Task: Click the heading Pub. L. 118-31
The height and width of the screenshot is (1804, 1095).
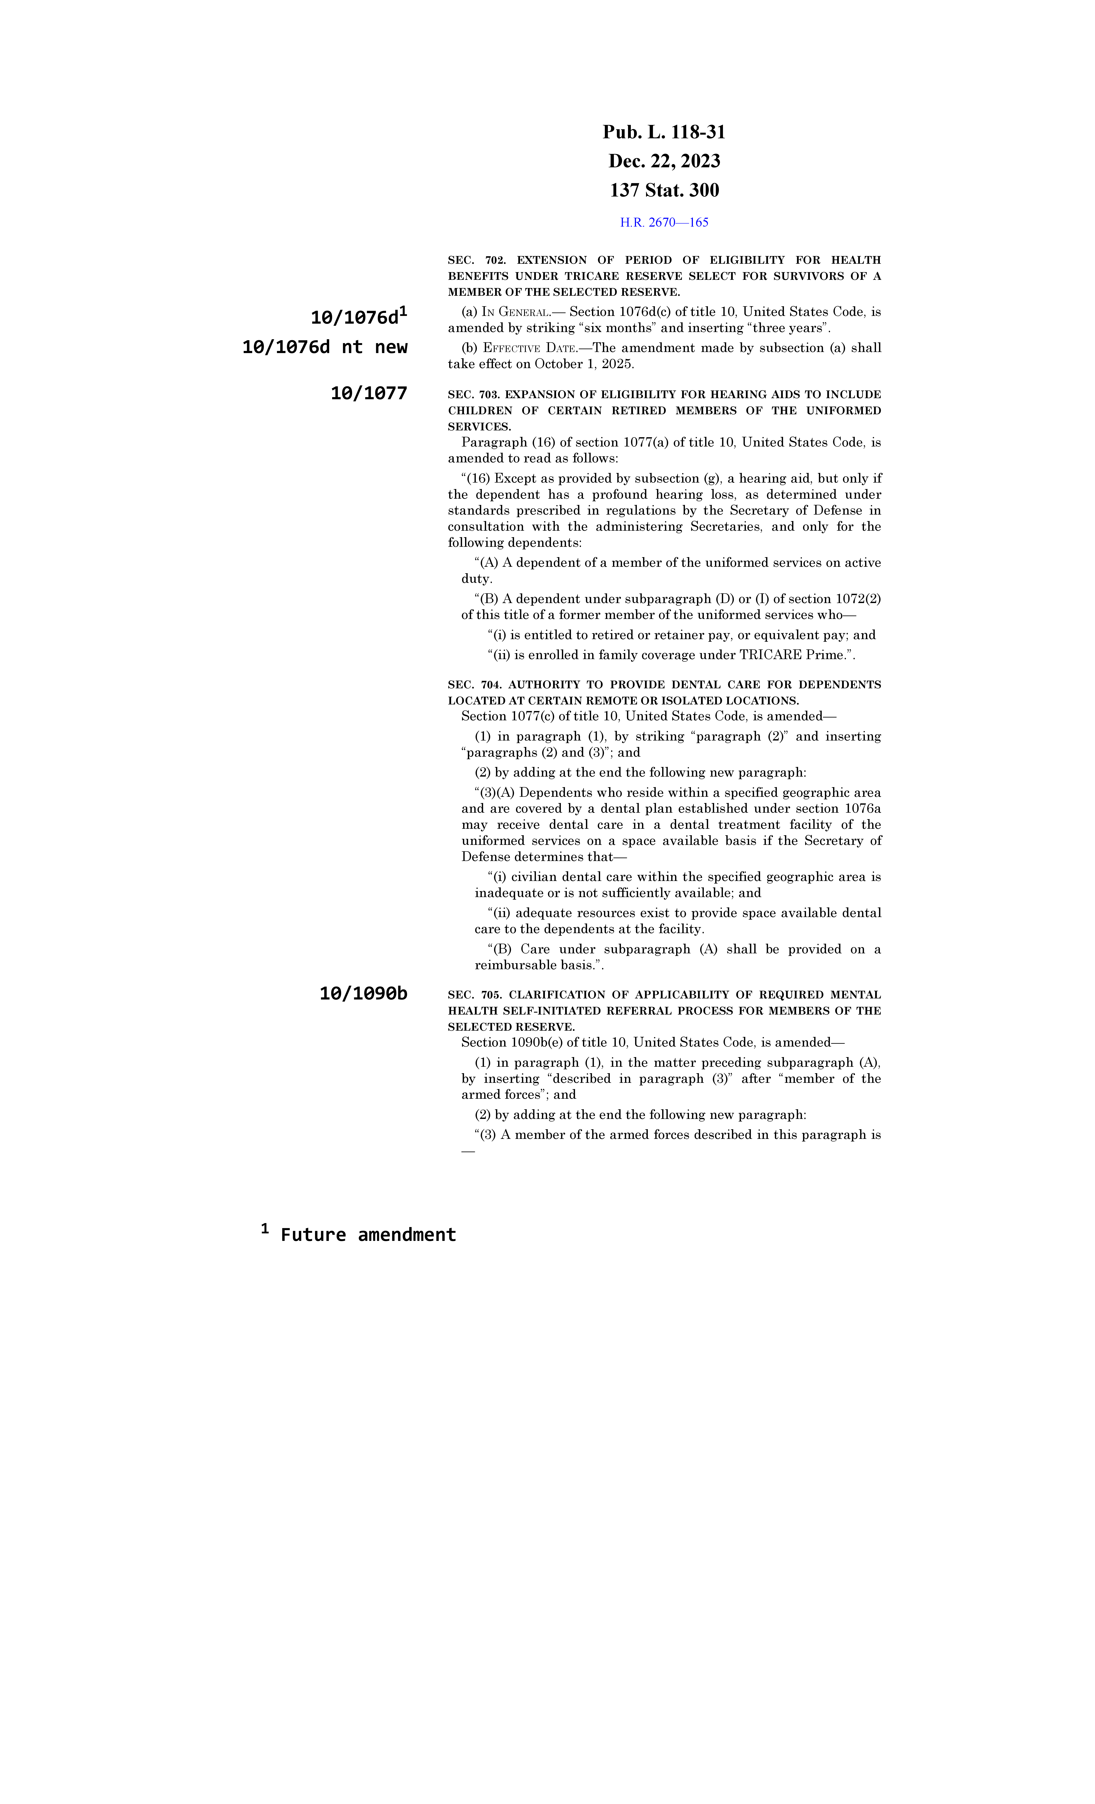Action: click(x=664, y=133)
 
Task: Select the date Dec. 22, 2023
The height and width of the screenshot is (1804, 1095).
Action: click(x=664, y=161)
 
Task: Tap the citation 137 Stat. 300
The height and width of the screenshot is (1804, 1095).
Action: click(x=664, y=190)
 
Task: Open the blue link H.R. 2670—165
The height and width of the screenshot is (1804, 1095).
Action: click(x=664, y=222)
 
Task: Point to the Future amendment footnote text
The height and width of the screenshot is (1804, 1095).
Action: click(x=368, y=1235)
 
